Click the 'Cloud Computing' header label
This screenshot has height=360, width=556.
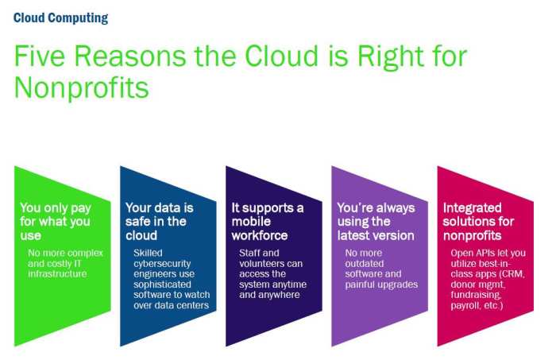(60, 17)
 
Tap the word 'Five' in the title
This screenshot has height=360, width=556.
(41, 57)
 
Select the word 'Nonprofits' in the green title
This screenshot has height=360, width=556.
(81, 87)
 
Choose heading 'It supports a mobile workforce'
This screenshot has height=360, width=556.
(267, 222)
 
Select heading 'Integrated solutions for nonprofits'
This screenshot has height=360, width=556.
(478, 222)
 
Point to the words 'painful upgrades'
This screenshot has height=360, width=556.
(381, 284)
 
